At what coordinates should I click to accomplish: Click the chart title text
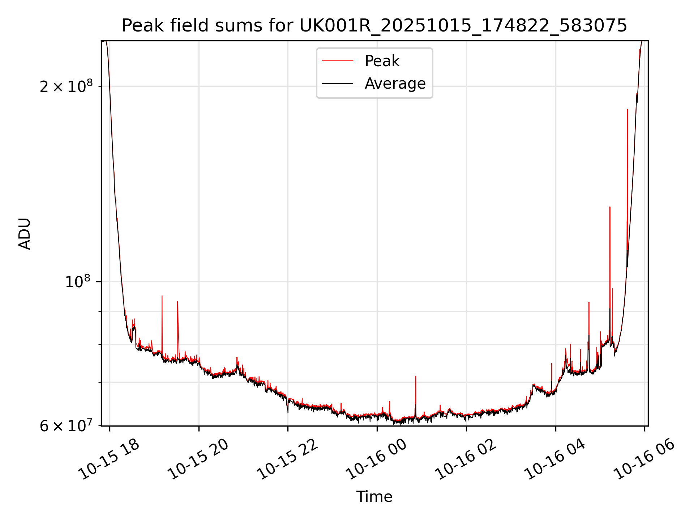(374, 26)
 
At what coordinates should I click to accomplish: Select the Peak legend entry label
(382, 61)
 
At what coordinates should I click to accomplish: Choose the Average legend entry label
(395, 84)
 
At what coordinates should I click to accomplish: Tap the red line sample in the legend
(338, 61)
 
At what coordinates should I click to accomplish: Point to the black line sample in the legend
(338, 84)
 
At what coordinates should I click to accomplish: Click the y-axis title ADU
(25, 234)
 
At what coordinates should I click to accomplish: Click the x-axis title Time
(374, 497)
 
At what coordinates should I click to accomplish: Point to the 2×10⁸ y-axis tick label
(66, 86)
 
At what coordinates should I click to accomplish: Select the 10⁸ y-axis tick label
(77, 282)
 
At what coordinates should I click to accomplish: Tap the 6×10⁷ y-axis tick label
(66, 426)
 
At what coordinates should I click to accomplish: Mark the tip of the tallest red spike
(627, 109)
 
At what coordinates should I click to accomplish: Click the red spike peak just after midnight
(415, 377)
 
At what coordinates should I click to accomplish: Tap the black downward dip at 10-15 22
(288, 412)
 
